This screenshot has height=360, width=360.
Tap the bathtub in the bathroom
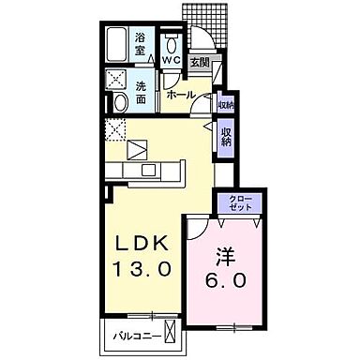[119, 45]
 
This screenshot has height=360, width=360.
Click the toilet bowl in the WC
[172, 44]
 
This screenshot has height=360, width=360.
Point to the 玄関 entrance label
[200, 63]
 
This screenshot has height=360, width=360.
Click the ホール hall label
[180, 95]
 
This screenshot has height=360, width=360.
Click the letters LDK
[142, 242]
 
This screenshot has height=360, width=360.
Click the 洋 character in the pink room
[226, 255]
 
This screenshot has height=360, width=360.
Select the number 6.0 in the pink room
[226, 280]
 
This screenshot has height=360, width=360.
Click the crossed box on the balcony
[169, 331]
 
